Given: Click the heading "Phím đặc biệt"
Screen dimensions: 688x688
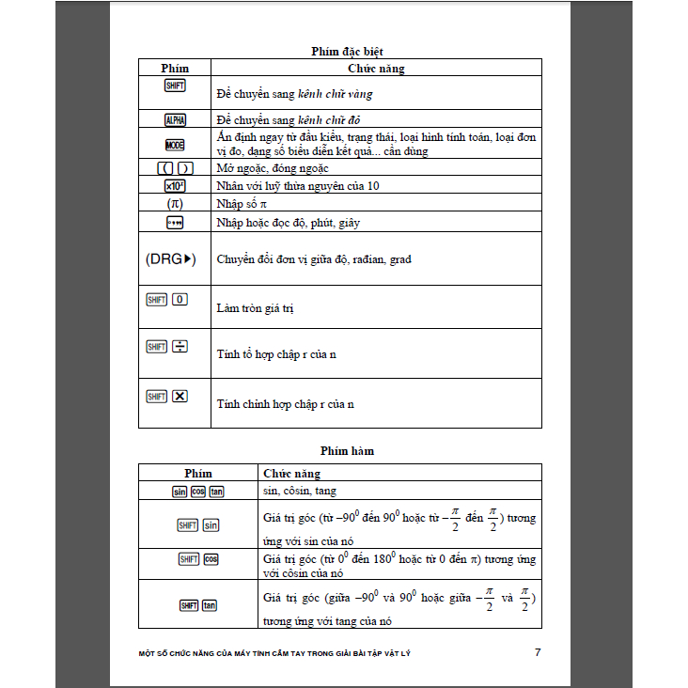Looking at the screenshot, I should click(347, 51).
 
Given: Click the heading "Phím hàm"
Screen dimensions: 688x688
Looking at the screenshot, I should click(347, 451).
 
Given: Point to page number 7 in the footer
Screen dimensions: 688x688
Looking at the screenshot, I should click(537, 652).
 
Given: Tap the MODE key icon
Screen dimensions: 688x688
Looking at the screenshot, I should click(175, 145).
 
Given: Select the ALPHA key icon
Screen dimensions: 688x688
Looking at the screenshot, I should click(175, 120).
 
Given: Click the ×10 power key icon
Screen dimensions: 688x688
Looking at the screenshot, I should click(175, 186).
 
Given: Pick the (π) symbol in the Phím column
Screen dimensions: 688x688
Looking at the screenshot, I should click(175, 203).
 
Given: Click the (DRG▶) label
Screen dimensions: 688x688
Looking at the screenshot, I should click(171, 258).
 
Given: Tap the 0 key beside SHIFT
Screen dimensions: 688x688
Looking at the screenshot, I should click(180, 300).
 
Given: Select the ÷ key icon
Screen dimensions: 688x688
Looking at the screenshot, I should click(180, 347).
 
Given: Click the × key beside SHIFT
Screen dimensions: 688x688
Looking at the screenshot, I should click(180, 396).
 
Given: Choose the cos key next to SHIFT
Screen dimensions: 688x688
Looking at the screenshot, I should click(211, 559).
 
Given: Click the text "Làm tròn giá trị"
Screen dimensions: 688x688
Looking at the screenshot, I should click(254, 308).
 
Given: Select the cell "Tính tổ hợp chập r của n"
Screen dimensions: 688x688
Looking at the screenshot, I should click(276, 354).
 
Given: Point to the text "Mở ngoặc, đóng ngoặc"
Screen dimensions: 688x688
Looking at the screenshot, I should click(273, 168).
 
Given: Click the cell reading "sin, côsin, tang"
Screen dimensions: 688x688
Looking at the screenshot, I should click(299, 491).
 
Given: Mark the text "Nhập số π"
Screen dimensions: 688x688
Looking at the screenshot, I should click(242, 204).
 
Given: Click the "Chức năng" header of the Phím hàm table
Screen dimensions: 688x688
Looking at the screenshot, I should click(292, 474).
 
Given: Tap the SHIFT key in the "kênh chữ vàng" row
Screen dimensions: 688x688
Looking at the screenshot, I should click(175, 86).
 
